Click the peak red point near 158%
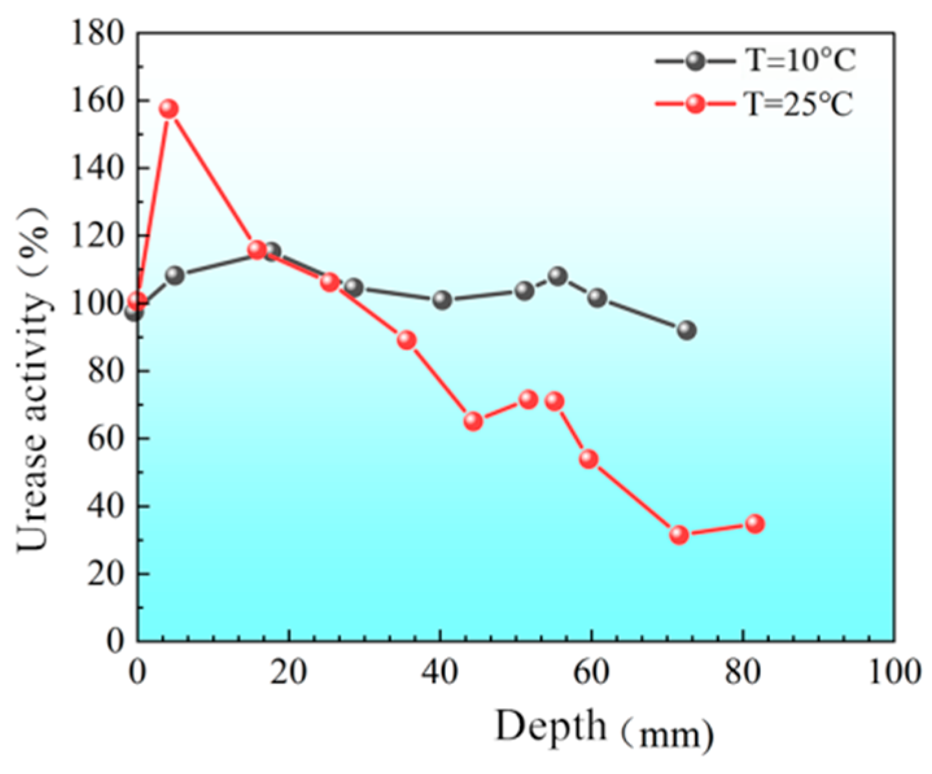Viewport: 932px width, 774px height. pos(169,108)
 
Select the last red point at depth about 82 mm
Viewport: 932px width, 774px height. pos(754,523)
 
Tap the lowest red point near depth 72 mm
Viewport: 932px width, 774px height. pos(679,534)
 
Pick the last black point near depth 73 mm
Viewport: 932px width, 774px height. pos(686,330)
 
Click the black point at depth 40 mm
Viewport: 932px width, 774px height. pos(442,300)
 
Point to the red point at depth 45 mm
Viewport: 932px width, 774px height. pos(473,421)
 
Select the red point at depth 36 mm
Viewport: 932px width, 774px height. pos(406,340)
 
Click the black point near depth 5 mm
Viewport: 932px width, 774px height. pos(174,275)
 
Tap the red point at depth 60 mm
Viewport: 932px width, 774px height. pos(588,459)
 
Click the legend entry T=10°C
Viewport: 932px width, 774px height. pos(801,61)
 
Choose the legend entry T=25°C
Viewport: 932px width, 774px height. pos(800,104)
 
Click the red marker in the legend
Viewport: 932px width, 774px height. pos(695,104)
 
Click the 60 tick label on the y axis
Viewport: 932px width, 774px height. pos(105,439)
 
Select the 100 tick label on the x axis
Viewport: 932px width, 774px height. pos(894,672)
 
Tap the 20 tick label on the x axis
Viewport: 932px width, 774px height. pos(288,672)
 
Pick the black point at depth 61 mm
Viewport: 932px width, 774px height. pos(597,298)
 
